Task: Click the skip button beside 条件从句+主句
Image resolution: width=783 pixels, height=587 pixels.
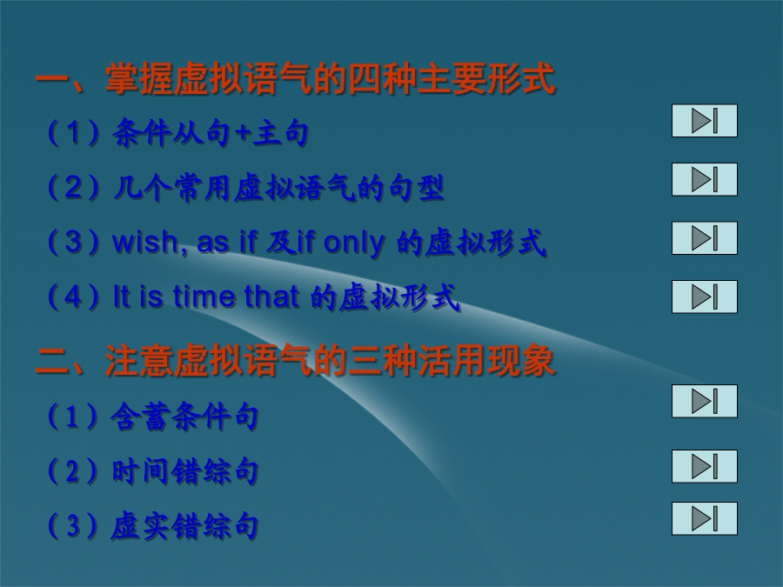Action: coord(704,120)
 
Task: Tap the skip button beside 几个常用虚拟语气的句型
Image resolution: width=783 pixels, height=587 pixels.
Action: coord(704,179)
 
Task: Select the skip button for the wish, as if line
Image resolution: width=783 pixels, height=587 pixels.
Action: coord(704,238)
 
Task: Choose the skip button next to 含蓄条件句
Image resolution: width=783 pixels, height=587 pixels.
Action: coord(704,401)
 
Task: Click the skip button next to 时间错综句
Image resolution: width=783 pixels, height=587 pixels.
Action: coord(704,466)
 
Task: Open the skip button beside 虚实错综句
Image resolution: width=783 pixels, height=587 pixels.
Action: coord(704,518)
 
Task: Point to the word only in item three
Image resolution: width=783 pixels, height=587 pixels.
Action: coord(354,244)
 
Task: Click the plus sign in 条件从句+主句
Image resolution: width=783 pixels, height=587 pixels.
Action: coord(242,133)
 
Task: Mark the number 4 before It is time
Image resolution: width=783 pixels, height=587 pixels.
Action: coord(73,297)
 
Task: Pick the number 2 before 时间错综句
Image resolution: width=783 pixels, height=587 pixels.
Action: coord(73,471)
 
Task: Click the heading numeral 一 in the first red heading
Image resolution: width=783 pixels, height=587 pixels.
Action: coord(52,80)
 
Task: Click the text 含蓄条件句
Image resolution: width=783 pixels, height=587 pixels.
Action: coord(184,417)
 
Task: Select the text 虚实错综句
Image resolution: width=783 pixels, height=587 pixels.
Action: coord(184,526)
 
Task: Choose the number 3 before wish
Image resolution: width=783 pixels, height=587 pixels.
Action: coord(73,242)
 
